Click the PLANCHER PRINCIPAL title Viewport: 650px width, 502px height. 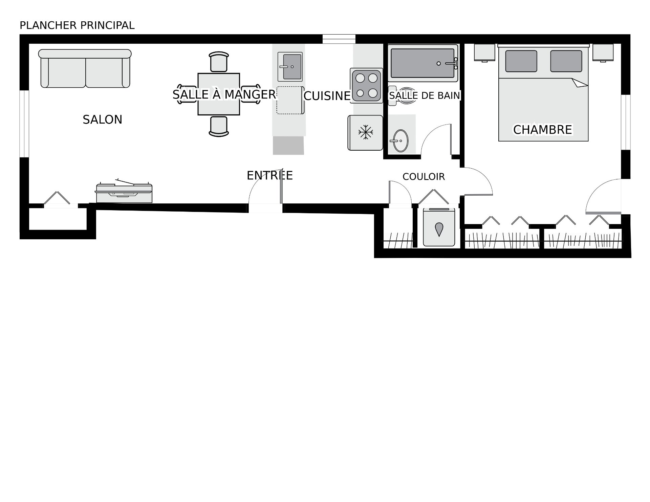click(x=77, y=25)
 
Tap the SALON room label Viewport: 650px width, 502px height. click(x=103, y=119)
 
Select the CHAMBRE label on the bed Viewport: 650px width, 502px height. click(x=543, y=130)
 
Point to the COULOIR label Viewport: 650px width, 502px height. click(x=424, y=176)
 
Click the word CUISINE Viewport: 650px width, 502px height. click(x=327, y=96)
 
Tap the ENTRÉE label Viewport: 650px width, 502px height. click(x=270, y=175)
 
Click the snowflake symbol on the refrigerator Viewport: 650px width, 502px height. click(x=366, y=132)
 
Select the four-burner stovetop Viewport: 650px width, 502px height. click(x=367, y=86)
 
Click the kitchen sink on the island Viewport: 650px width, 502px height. click(x=290, y=67)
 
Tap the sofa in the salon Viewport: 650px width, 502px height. click(x=85, y=69)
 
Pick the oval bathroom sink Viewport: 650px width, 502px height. click(x=400, y=140)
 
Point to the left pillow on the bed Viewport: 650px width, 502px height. click(x=521, y=61)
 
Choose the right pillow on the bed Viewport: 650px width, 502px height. click(x=566, y=61)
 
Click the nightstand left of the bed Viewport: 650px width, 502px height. click(x=485, y=53)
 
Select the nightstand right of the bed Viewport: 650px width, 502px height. click(x=603, y=53)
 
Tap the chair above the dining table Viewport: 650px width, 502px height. click(x=219, y=62)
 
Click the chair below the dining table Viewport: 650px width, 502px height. click(x=219, y=127)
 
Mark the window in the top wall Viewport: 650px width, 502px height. click(x=339, y=39)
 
